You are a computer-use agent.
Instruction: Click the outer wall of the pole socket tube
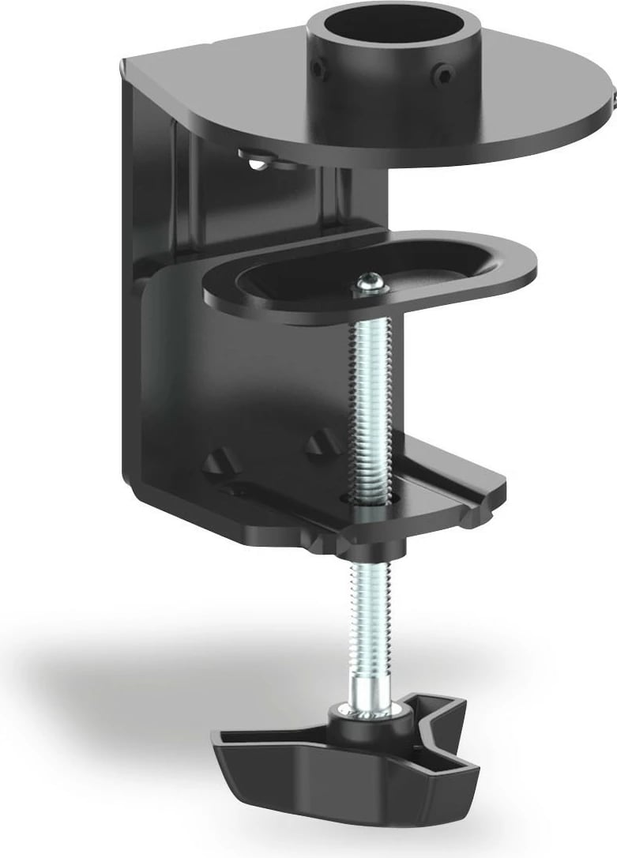371,87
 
